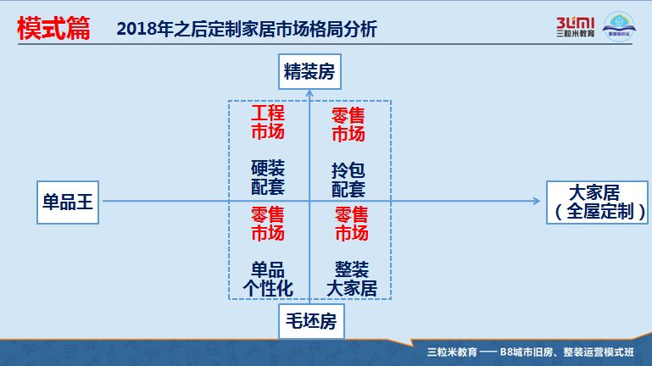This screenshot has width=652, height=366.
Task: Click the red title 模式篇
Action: pos(53,28)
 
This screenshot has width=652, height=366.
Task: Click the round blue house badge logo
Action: pos(621,25)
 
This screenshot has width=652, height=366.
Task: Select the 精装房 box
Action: pos(309,73)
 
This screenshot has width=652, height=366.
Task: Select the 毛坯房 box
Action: pos(309,321)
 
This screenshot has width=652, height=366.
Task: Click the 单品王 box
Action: pos(68,202)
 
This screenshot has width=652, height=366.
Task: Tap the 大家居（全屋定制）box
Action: pos(595,202)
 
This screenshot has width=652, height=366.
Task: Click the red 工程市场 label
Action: pos(268,123)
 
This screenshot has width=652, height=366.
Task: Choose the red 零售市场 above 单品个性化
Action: pos(268,223)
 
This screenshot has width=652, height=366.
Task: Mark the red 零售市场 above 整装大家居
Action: pos(351,223)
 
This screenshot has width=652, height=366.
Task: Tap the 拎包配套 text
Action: pos(348,179)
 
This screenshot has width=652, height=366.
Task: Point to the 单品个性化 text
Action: pos(268,279)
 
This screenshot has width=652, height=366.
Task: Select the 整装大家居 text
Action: pos(351,279)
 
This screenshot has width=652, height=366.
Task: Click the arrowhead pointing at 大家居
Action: pos(536,201)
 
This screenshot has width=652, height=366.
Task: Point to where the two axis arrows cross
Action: pos(309,201)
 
